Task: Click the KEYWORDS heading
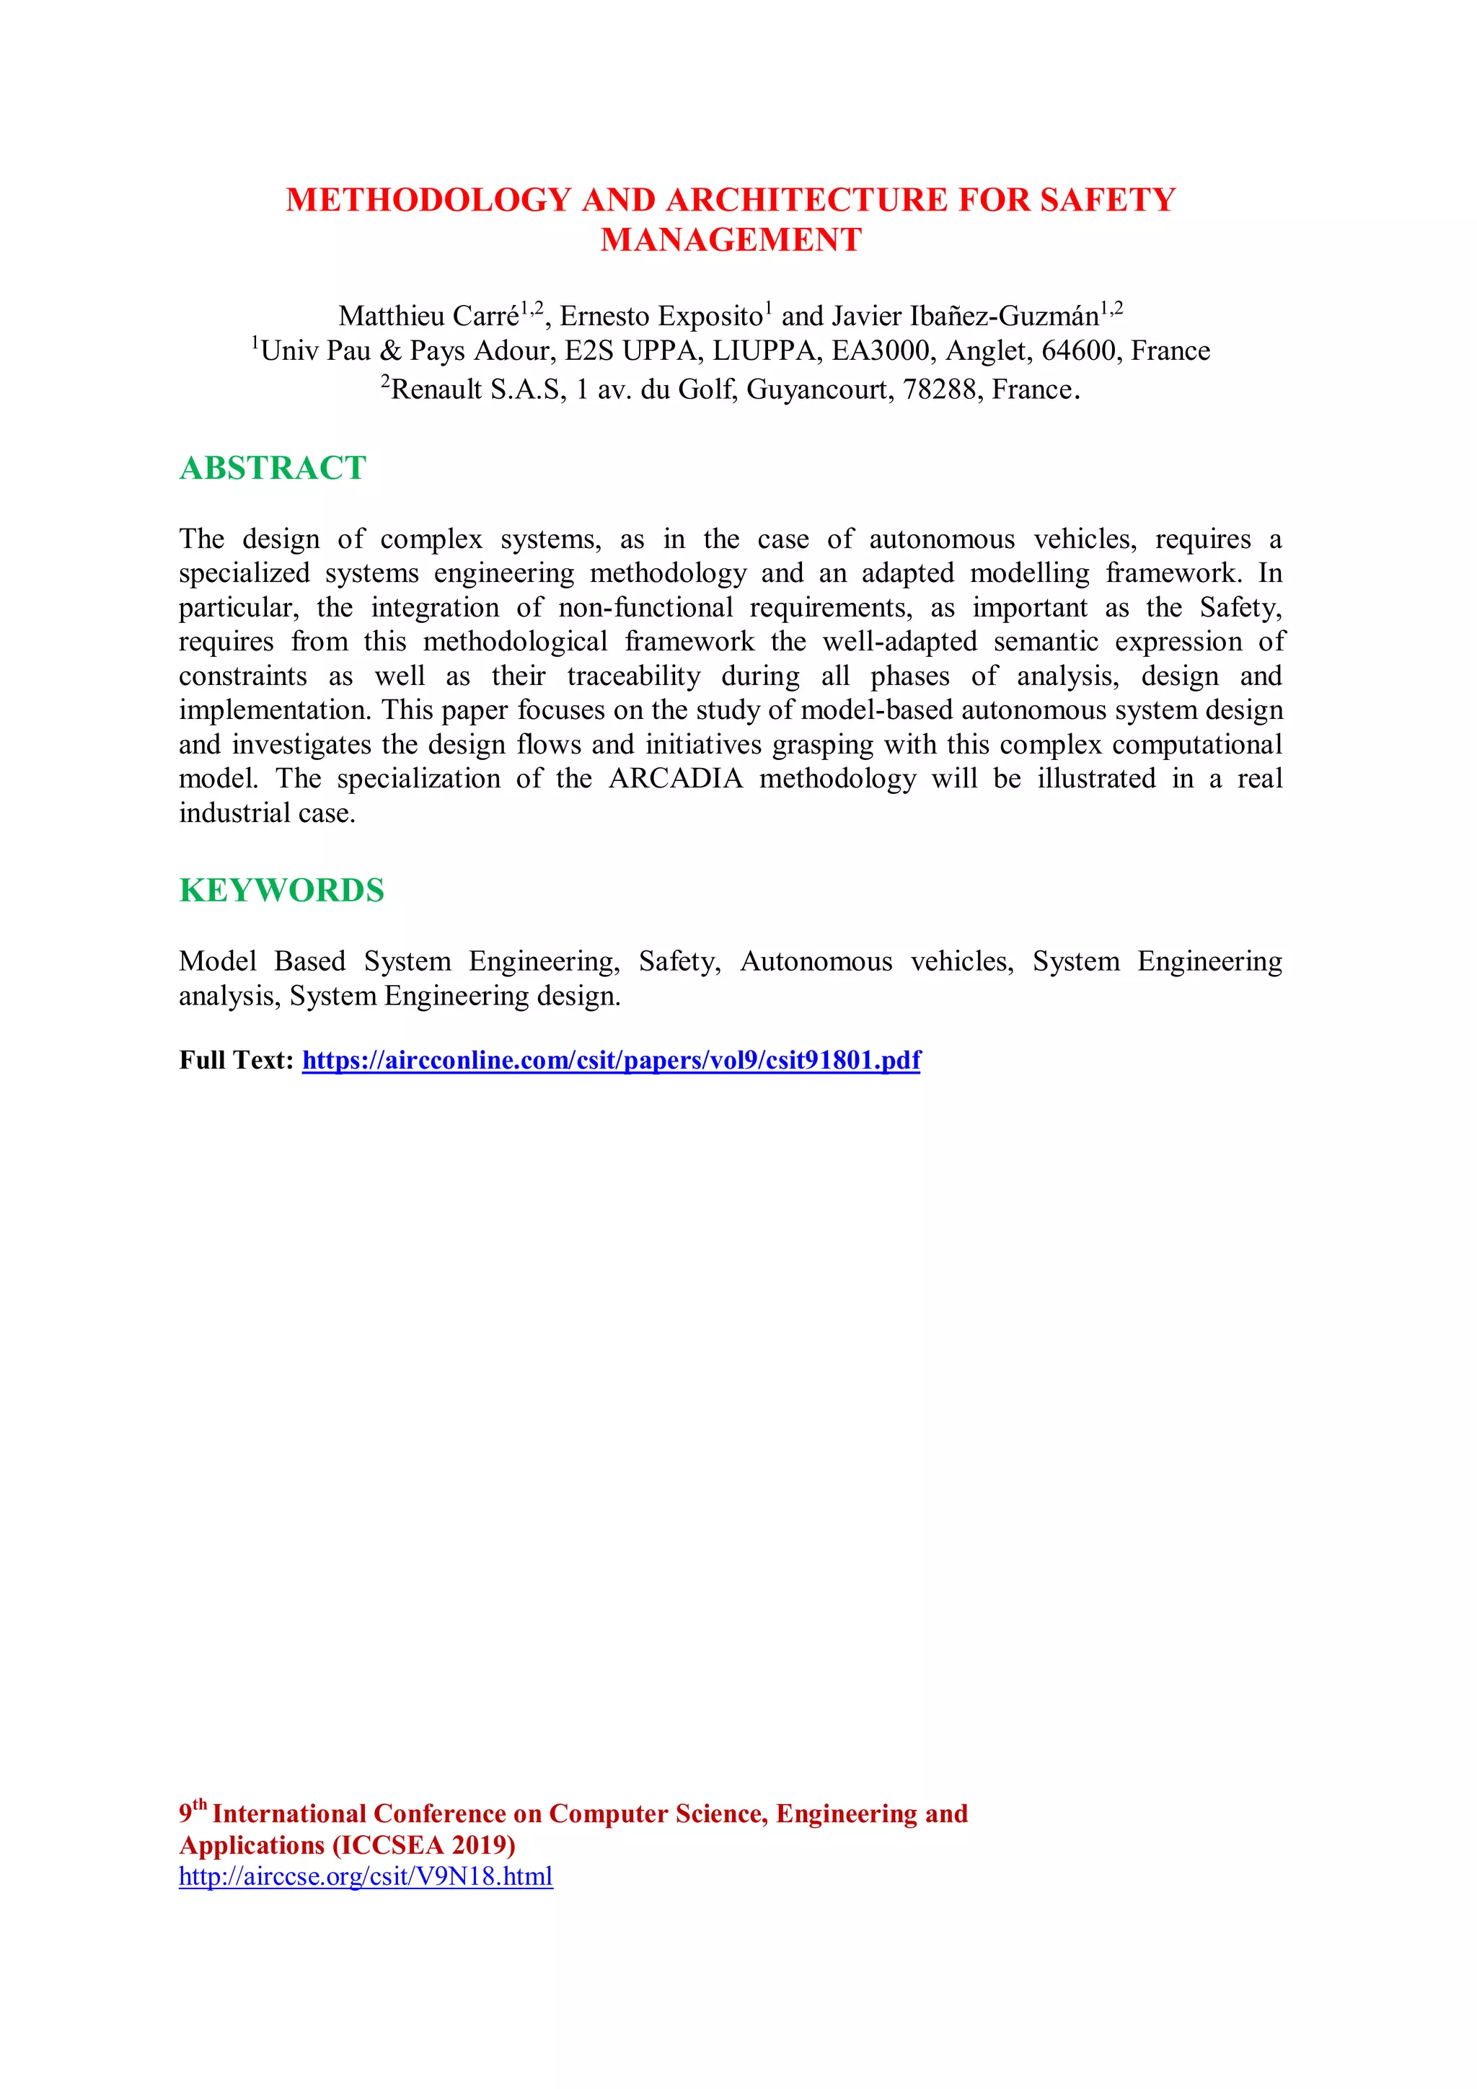pos(281,891)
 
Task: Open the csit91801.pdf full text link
pos(611,1060)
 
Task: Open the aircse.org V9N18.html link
pos(365,1876)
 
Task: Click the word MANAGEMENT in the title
pos(731,240)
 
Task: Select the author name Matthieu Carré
pos(428,317)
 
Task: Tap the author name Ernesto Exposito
pos(660,317)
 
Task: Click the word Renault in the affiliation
pos(436,390)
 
